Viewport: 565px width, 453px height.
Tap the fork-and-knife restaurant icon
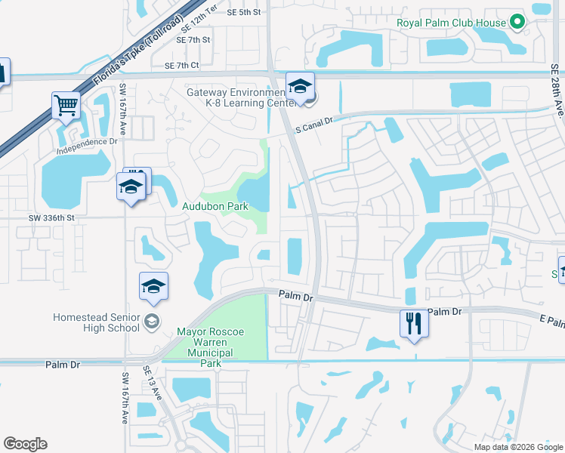click(414, 324)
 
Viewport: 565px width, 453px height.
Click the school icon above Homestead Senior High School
click(153, 287)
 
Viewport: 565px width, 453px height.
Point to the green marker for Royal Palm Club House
click(517, 23)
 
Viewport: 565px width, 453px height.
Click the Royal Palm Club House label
click(451, 23)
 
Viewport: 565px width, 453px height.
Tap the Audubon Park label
click(215, 205)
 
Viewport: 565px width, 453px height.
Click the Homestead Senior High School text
click(96, 322)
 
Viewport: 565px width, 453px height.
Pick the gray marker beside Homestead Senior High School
click(151, 322)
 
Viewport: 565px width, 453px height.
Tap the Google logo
click(25, 444)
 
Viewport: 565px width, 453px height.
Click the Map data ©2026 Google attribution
click(518, 447)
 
